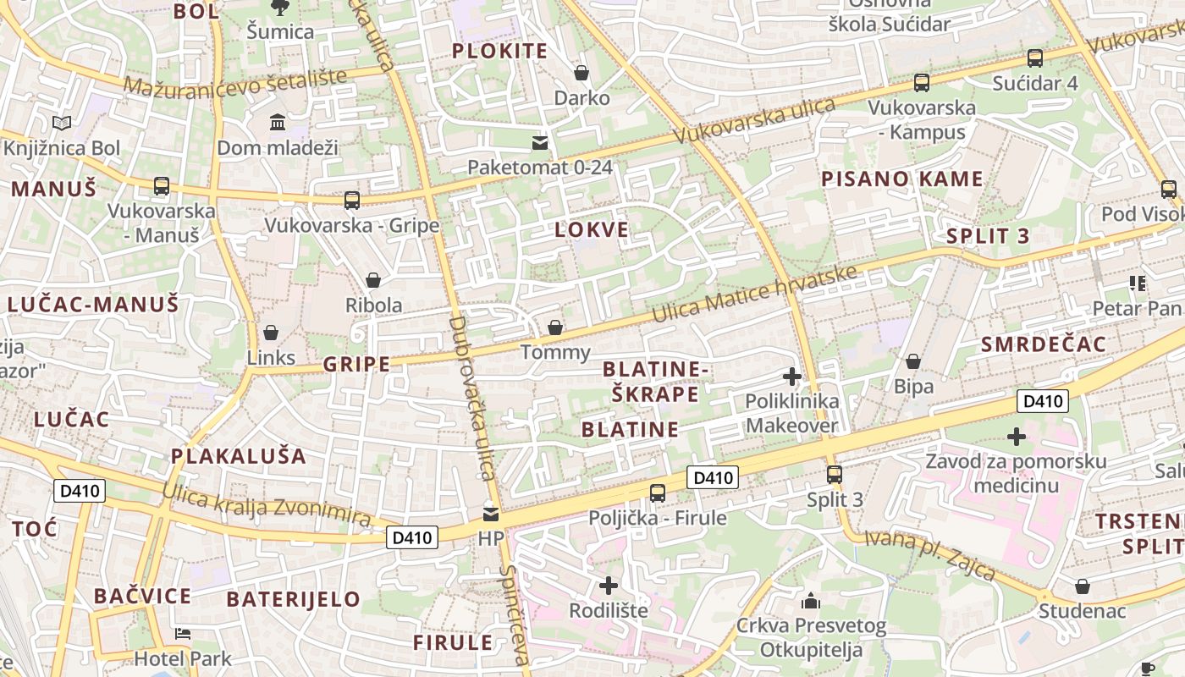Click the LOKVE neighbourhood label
click(x=592, y=229)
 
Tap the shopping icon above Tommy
click(x=555, y=327)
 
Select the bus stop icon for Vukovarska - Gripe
click(x=352, y=201)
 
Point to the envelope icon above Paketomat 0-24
click(x=540, y=142)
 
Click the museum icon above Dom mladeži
click(x=278, y=124)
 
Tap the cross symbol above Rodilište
click(x=608, y=585)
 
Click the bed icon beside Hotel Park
click(x=183, y=634)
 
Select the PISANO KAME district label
click(x=901, y=179)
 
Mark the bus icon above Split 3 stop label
click(x=835, y=474)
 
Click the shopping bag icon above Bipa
click(x=913, y=362)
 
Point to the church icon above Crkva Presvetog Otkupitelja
click(x=811, y=602)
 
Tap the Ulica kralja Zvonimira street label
click(x=267, y=504)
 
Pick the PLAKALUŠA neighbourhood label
click(x=239, y=456)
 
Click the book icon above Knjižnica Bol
click(x=62, y=124)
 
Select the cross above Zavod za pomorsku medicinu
click(x=1016, y=437)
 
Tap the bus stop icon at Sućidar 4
click(x=1034, y=58)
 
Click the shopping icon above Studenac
click(x=1082, y=586)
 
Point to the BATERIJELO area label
click(x=293, y=599)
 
